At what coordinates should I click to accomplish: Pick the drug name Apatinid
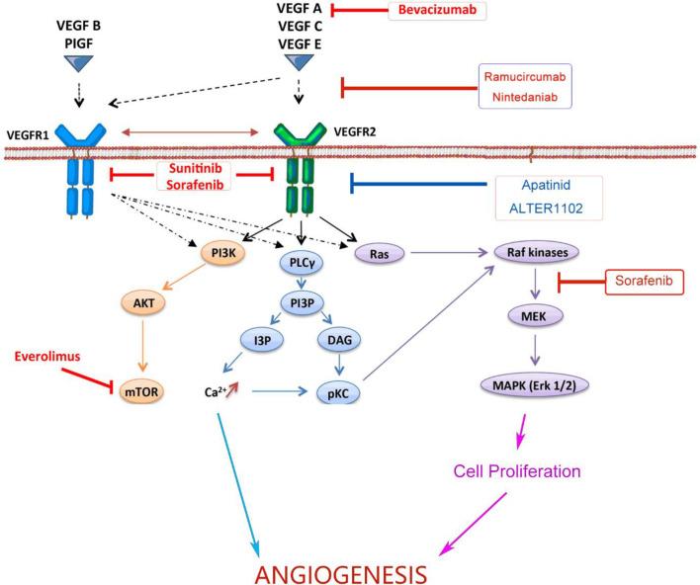(x=547, y=184)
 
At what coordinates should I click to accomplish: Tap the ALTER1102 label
(x=547, y=209)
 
